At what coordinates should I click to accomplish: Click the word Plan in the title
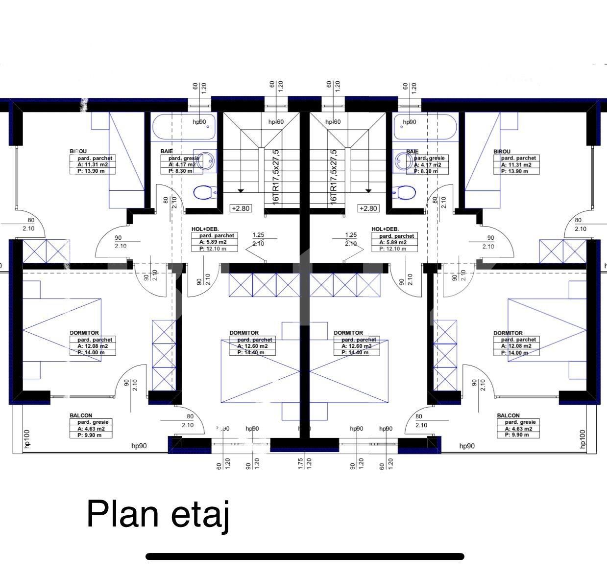coord(122,514)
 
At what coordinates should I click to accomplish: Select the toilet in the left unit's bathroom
coord(204,192)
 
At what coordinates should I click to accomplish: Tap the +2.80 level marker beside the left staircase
coord(241,208)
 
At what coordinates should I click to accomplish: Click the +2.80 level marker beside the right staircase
coord(368,208)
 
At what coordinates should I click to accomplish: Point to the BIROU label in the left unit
coord(78,152)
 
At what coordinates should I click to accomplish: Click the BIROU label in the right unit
coord(502,152)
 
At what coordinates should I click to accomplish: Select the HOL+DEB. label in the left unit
coord(205,229)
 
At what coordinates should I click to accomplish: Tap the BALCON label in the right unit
coord(508,415)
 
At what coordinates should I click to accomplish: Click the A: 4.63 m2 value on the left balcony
coord(91,428)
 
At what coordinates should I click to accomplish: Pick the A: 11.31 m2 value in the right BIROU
coord(516,165)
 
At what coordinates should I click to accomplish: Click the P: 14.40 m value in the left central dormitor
coord(251,352)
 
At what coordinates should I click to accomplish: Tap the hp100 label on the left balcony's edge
coord(27,439)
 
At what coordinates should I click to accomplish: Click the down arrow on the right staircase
coord(368,190)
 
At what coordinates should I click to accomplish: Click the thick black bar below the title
coord(305,556)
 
